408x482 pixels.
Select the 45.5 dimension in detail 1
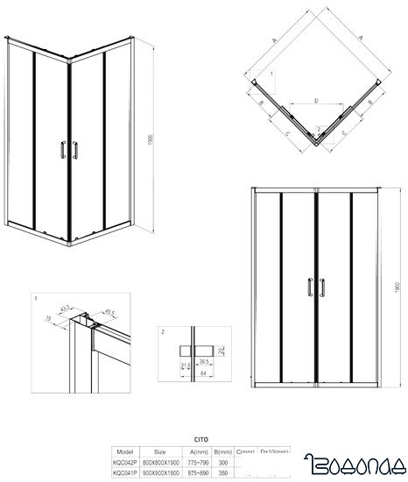(110, 311)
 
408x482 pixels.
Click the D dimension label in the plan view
(315, 102)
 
